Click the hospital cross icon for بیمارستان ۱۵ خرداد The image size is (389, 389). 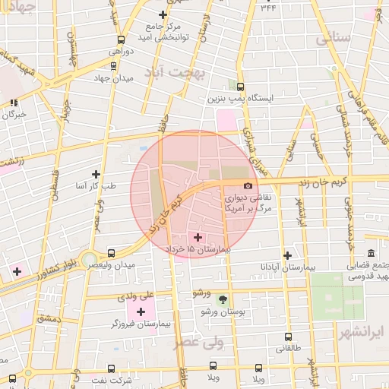point(199,237)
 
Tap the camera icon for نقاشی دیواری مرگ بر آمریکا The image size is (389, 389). point(248,186)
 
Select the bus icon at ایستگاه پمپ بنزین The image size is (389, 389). point(241,87)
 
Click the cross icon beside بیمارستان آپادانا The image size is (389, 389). point(287,256)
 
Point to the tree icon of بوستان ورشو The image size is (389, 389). point(222,299)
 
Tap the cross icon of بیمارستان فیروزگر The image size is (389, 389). point(141,312)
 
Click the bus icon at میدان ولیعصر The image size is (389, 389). point(112,253)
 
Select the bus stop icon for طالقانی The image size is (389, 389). point(288,337)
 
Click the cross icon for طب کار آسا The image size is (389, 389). point(95,174)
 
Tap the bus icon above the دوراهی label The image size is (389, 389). point(121,40)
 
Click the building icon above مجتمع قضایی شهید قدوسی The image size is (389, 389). point(371,253)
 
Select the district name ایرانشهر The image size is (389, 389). point(359,332)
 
